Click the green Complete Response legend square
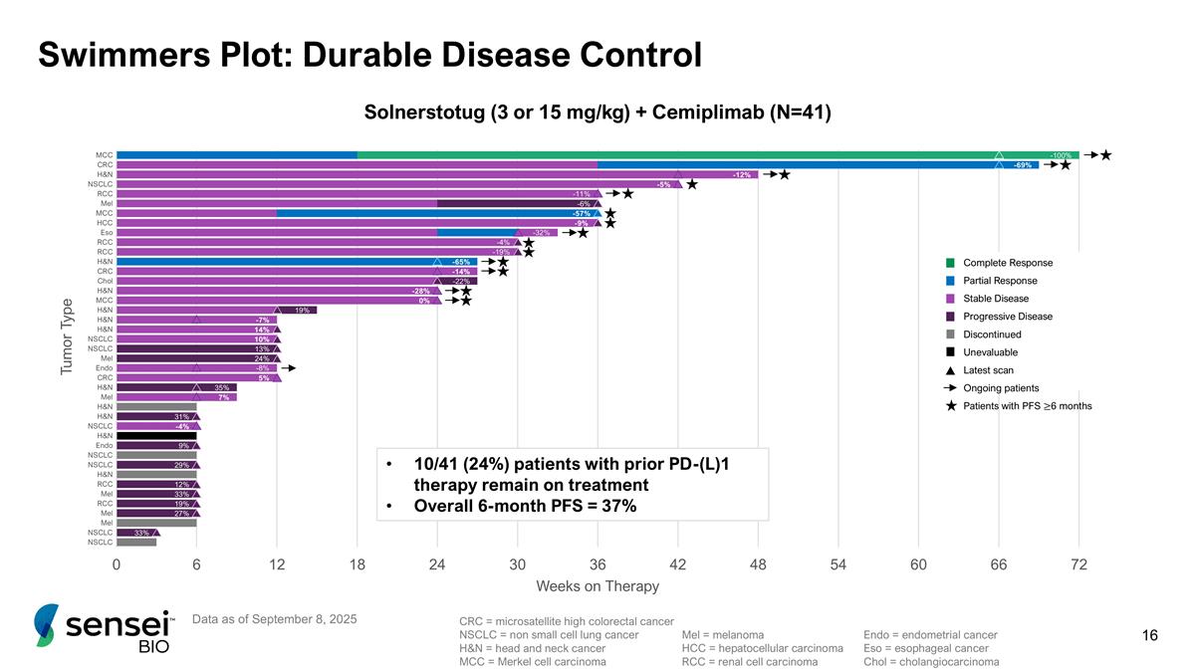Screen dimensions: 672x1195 coord(950,263)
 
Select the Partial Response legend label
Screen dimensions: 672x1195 coord(1002,281)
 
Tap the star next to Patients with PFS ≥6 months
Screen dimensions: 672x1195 coord(950,406)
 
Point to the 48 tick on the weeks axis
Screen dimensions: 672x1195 coord(758,564)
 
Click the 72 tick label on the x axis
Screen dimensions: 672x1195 coord(1078,564)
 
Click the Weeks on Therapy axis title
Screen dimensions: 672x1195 coord(597,585)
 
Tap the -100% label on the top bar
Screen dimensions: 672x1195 coord(1061,155)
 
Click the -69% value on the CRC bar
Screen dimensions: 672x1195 coord(1022,165)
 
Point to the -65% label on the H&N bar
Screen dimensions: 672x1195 coord(460,262)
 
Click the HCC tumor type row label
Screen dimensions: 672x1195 coord(105,223)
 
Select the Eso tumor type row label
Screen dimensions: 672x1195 coord(106,233)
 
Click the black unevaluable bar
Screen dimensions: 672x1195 coord(156,436)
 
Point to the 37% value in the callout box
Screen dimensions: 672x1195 coord(616,506)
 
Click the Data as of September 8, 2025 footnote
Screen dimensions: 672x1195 coord(273,619)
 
